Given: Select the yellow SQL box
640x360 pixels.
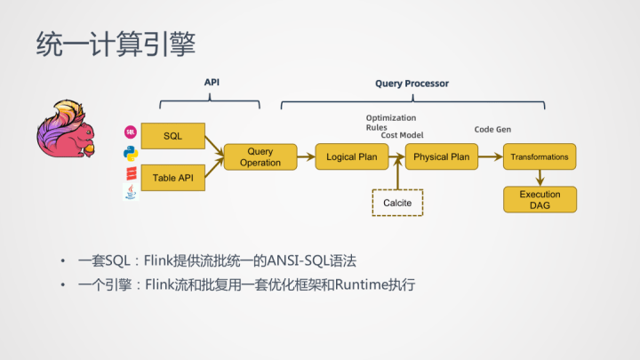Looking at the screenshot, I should click(173, 135).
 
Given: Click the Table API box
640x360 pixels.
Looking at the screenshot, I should click(173, 178).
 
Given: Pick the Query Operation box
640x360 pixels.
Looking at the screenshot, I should click(260, 157).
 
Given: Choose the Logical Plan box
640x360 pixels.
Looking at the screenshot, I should click(352, 157).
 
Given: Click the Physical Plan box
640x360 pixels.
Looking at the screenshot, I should click(441, 157).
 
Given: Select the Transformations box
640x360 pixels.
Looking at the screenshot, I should click(540, 157).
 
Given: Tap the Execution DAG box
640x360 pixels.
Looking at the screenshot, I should click(540, 199).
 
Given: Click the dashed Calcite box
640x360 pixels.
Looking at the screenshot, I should click(397, 203).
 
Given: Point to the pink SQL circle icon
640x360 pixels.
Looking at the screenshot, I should click(131, 132).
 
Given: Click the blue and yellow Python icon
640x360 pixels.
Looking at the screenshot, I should click(131, 152).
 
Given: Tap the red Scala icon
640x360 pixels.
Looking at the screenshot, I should click(131, 172).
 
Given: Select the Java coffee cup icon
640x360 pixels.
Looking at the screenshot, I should click(131, 191).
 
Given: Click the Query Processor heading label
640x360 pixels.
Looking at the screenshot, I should click(412, 84).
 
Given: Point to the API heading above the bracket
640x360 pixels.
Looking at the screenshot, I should click(212, 82).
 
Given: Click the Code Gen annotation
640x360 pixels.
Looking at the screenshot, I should click(492, 129).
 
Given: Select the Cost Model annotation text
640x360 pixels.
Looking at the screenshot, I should click(402, 134).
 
